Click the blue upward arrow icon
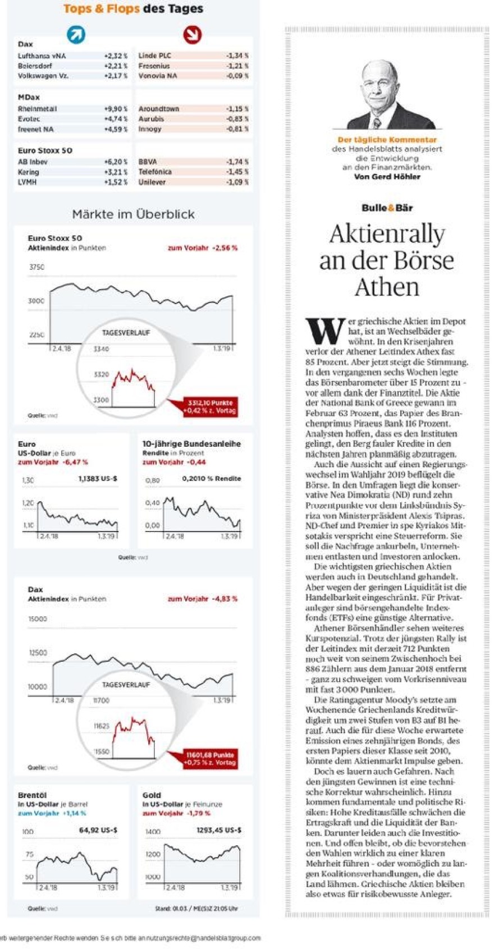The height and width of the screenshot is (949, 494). pos(76,35)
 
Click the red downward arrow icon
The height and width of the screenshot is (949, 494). pos(192,35)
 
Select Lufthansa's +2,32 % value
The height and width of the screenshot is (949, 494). pos(116,56)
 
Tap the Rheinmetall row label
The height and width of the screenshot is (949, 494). pos(37,109)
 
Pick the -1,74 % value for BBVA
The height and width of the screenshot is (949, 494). pos(237,162)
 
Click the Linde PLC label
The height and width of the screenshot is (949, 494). pos(154,56)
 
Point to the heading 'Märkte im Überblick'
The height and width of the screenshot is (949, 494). pos(134,214)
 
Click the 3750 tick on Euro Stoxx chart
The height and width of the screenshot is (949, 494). pos(36,267)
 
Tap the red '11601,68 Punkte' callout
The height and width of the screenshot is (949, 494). pos(211,758)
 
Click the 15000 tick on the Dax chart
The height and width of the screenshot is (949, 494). pos(38,619)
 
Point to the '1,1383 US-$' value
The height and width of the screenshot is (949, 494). pos(98,479)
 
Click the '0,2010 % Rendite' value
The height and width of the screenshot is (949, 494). pos(212,479)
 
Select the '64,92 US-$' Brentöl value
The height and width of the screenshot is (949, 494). pos(98,829)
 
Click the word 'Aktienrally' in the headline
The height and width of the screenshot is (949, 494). pos(387,234)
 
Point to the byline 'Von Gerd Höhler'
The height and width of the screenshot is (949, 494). pos(387,176)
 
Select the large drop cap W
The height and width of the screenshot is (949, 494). pos(324,331)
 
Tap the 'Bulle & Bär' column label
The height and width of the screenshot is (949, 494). pos(387,208)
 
